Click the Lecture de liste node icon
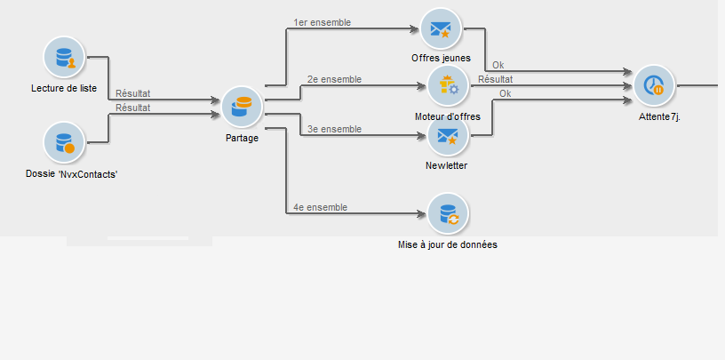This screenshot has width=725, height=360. click(65, 58)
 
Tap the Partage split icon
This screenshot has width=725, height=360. click(242, 108)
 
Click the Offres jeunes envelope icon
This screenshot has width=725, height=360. click(441, 29)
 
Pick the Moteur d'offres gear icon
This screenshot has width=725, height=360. click(448, 86)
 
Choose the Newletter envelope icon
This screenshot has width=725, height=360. click(448, 136)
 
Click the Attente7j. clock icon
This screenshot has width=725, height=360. click(654, 86)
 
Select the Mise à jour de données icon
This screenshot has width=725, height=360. click(447, 213)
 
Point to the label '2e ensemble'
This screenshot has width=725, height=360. click(334, 79)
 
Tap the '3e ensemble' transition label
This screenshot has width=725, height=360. click(334, 129)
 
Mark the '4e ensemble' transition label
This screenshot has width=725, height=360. click(320, 207)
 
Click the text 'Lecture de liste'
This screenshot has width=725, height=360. click(65, 89)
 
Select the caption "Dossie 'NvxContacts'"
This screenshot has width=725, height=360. click(72, 174)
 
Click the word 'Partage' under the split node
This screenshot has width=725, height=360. click(242, 138)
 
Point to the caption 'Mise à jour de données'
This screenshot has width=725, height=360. click(453, 244)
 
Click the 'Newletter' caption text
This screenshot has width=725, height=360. click(447, 165)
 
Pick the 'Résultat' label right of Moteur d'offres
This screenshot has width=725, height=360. click(496, 79)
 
